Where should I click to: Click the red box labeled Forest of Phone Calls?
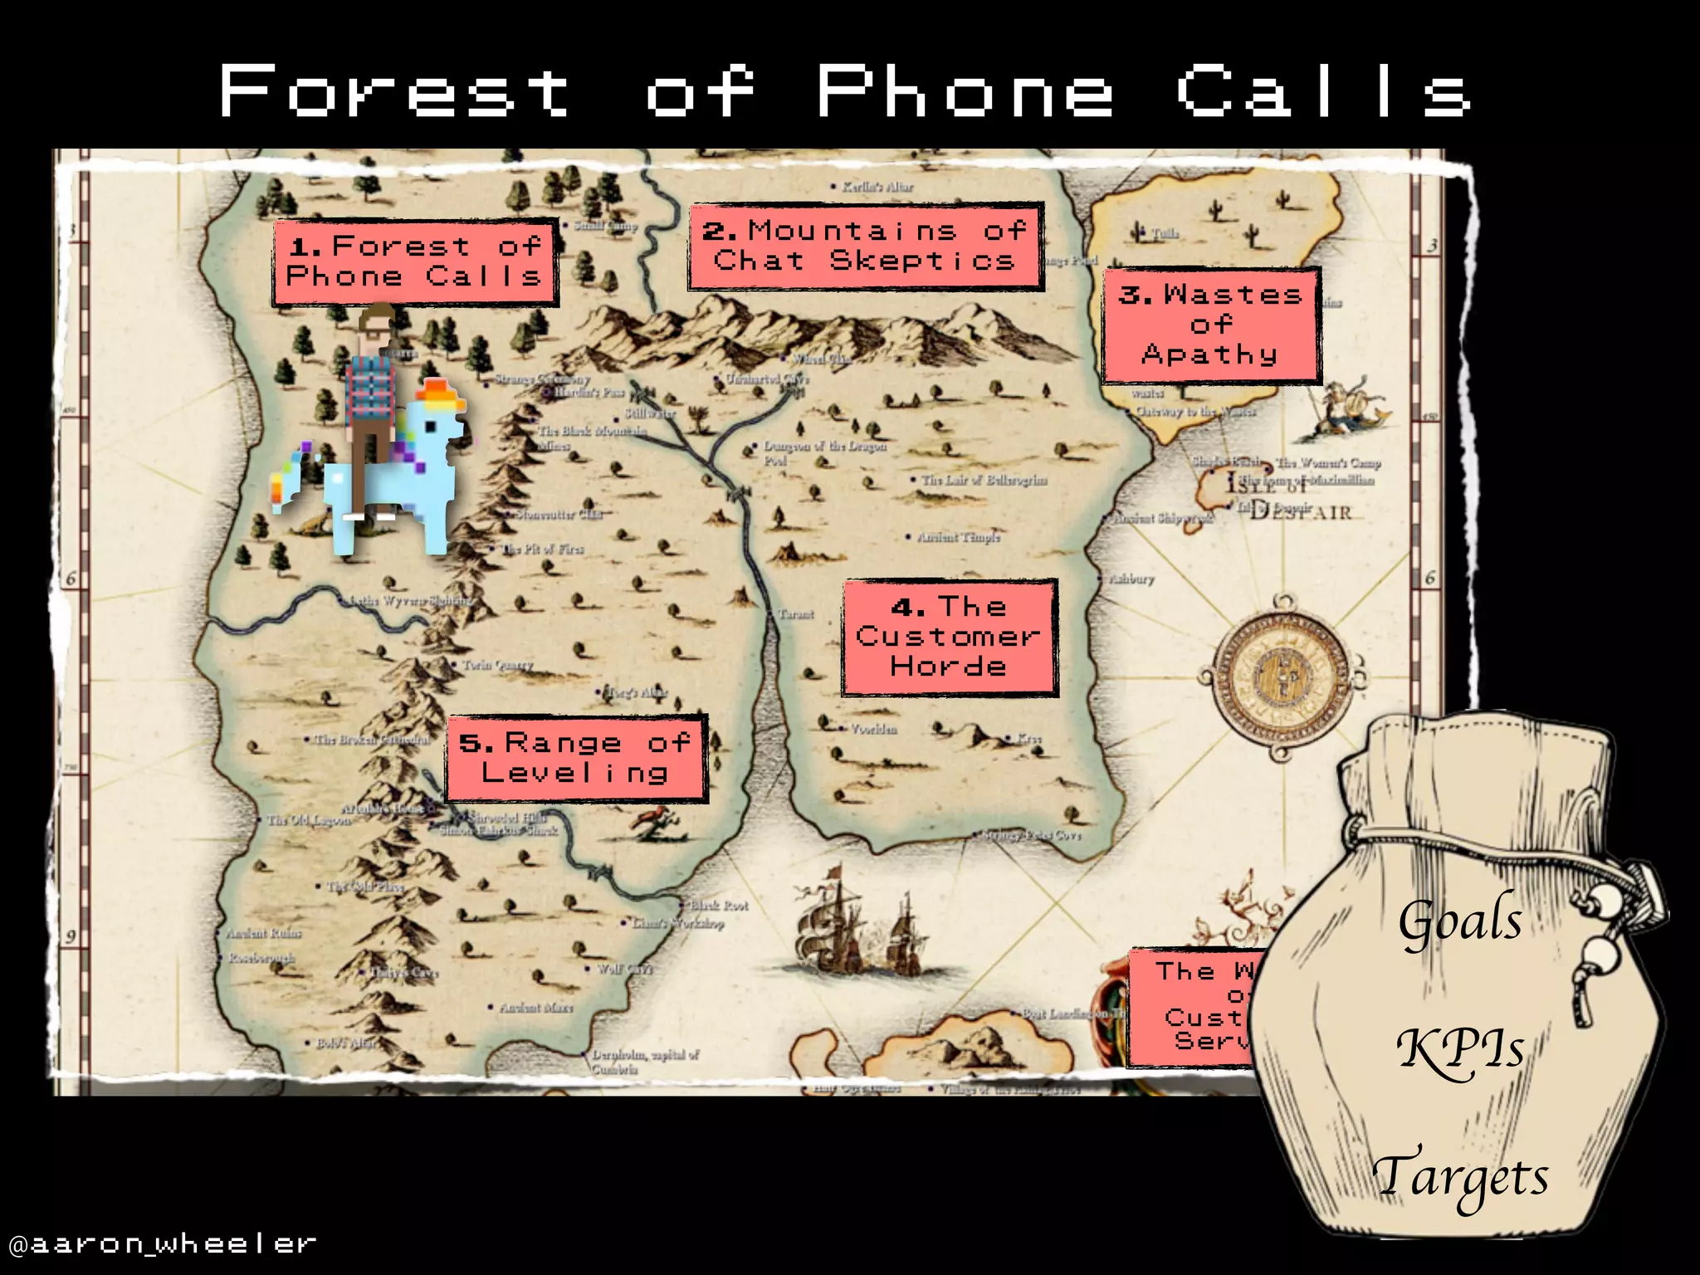[414, 262]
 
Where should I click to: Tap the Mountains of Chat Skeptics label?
[864, 246]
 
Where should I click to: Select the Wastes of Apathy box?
[1210, 325]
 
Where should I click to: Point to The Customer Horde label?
[949, 637]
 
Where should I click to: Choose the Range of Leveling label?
[575, 758]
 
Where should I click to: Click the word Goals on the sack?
[1460, 921]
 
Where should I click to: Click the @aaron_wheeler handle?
[163, 1243]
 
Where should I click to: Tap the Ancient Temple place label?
[958, 537]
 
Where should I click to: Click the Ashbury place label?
[1131, 579]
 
